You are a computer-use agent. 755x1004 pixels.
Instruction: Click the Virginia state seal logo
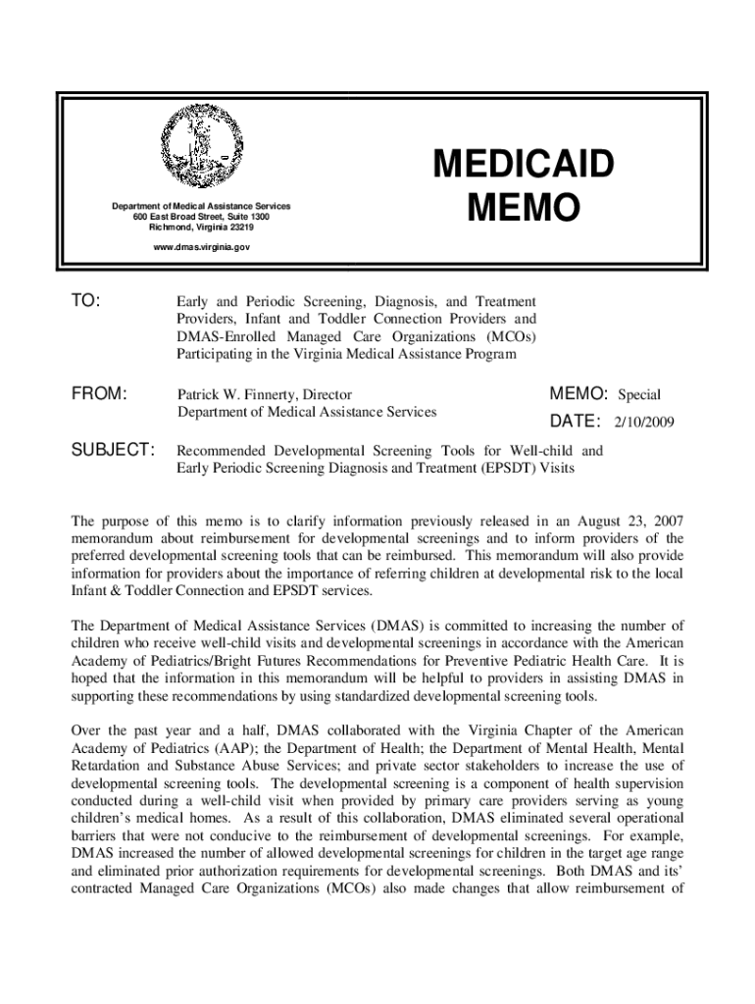click(x=200, y=144)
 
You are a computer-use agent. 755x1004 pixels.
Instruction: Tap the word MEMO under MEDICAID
click(x=526, y=208)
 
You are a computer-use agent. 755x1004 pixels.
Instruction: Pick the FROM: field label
click(x=100, y=394)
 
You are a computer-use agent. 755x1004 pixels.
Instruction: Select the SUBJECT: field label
click(x=114, y=450)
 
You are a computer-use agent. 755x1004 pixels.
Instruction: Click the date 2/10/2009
click(x=645, y=423)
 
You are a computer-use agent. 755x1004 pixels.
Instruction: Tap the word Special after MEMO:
click(x=638, y=395)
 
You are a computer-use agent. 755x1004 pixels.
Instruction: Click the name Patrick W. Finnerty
click(x=236, y=394)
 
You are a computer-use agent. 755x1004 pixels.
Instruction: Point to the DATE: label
click(x=575, y=422)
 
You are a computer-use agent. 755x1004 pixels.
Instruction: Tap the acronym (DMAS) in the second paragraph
click(x=399, y=626)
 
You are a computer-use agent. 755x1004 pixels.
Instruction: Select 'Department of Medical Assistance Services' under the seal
click(x=200, y=205)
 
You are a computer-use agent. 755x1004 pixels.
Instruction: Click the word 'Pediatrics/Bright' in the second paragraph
click(x=185, y=661)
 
